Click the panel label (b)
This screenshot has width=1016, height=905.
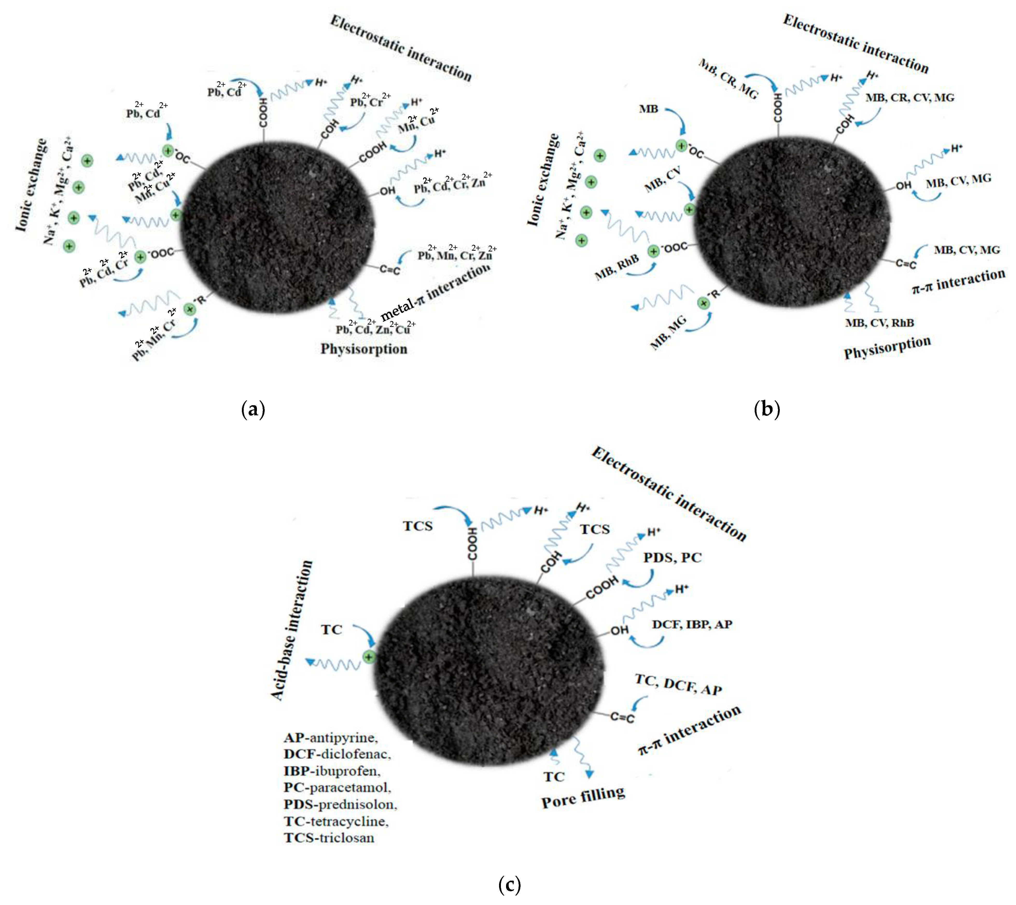pos(766,409)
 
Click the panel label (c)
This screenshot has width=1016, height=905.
pos(509,884)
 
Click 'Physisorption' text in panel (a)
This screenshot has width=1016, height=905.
pos(363,349)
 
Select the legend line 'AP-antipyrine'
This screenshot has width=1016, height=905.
pos(330,738)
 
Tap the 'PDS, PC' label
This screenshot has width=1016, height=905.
pos(672,557)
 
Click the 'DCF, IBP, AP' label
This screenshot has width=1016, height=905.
pos(692,624)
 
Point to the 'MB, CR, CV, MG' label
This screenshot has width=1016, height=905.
pos(909,97)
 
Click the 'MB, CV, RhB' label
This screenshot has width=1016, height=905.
pos(879,323)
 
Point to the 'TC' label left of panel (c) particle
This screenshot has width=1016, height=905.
pos(331,629)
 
